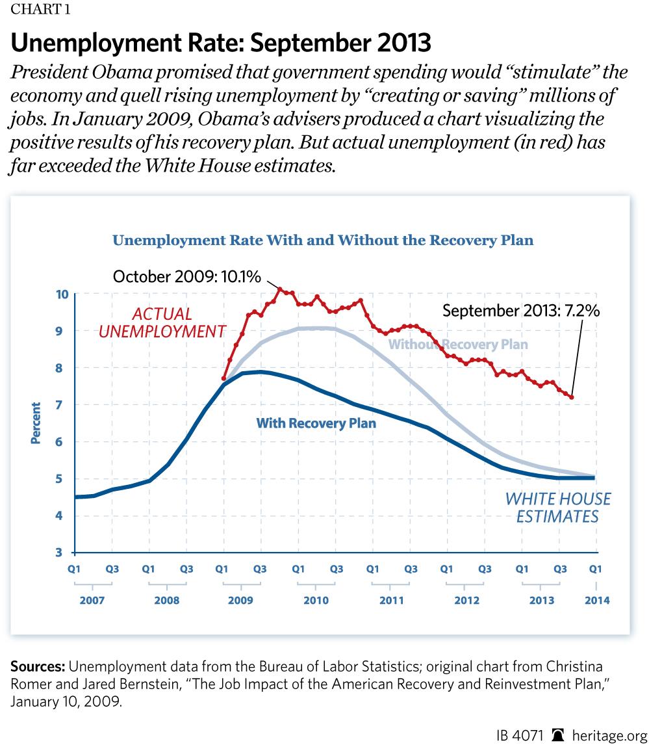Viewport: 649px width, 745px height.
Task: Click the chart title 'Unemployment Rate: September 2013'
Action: pos(221,43)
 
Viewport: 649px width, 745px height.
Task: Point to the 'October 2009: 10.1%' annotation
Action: pos(187,276)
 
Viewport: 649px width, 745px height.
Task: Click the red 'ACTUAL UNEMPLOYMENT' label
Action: pos(161,322)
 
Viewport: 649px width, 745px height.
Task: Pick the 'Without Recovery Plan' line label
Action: pos(458,344)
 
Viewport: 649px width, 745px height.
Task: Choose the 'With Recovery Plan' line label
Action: pos(316,423)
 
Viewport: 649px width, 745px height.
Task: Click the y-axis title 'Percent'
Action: pos(36,423)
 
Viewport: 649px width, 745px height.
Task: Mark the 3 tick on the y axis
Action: pos(63,553)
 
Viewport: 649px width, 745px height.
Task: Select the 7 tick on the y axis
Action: pos(63,404)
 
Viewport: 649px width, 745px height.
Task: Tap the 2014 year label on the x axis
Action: pos(596,601)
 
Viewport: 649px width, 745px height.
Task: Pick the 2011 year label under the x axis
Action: pos(390,601)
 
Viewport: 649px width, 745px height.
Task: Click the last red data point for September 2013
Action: pos(572,397)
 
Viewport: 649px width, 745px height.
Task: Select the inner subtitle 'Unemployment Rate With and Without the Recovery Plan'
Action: pos(323,241)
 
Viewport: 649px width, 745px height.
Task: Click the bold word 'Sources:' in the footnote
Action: pos(37,668)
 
